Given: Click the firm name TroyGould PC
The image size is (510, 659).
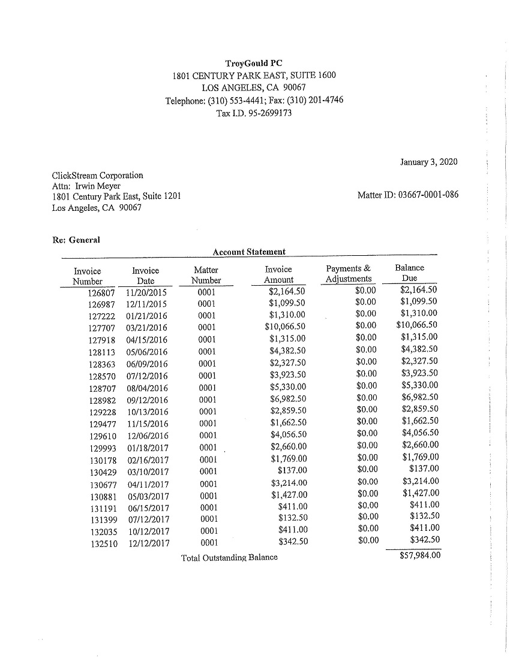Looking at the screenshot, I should tap(254, 63).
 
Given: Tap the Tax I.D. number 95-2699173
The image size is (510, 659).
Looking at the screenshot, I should tap(268, 113).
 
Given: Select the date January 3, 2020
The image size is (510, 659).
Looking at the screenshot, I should tap(428, 162).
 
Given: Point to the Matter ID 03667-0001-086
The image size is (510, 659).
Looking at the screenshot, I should tap(430, 195).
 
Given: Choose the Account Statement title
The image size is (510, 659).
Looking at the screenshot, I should tap(249, 252).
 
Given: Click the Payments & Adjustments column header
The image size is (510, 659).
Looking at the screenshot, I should tap(348, 274).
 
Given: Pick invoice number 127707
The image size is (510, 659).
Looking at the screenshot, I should tap(101, 328).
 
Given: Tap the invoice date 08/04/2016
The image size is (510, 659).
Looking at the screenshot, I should tap(147, 388).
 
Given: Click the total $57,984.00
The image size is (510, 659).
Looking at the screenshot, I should tap(419, 555).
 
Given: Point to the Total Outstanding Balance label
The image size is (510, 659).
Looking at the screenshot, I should tap(229, 558).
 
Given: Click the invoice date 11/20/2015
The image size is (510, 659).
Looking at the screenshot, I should tap(147, 293).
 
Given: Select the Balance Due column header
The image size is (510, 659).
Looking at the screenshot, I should tap(409, 273).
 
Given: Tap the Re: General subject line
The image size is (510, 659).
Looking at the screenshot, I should tap(76, 240).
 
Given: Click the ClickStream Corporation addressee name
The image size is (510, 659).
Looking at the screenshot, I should tap(98, 176).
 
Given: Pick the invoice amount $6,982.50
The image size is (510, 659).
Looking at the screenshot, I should tap(288, 399).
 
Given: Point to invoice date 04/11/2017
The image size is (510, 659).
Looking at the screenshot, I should tap(148, 484).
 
